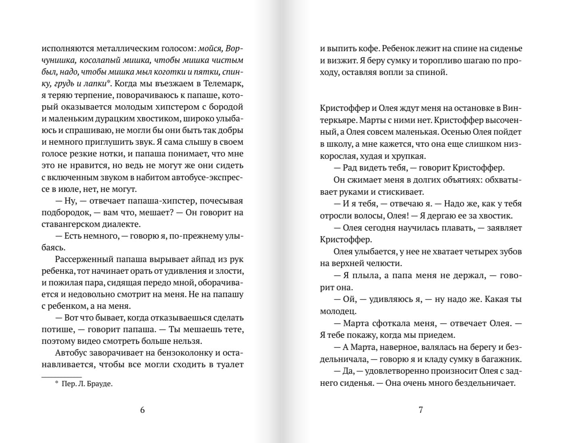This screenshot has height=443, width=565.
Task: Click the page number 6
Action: tap(142, 410)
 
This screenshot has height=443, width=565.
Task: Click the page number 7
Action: tap(421, 410)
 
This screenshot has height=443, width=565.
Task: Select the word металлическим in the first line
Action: tap(125, 49)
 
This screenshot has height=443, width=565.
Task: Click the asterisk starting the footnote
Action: tap(56, 383)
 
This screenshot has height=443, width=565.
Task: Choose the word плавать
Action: tap(456, 228)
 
